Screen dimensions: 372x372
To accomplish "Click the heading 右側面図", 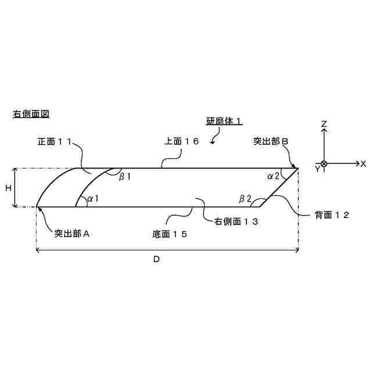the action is tap(31, 114).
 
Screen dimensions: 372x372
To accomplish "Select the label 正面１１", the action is tap(56, 141).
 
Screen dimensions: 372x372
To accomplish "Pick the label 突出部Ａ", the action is tap(71, 234).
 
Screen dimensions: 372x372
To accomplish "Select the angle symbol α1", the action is tap(92, 199).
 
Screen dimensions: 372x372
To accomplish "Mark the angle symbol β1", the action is tap(125, 176).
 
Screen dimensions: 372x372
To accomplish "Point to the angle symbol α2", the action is tap(273, 175).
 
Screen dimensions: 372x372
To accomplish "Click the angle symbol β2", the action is tap(245, 199).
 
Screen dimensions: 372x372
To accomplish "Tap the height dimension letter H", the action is tap(9, 188).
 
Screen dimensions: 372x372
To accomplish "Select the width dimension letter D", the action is tap(156, 259).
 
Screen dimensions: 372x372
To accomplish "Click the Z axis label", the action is tap(324, 124).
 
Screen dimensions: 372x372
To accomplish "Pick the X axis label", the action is tap(363, 164).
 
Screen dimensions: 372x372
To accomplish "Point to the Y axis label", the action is tap(317, 169).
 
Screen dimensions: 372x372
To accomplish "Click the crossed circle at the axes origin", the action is tap(324, 164).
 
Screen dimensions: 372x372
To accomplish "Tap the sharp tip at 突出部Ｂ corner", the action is tap(298, 168).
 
